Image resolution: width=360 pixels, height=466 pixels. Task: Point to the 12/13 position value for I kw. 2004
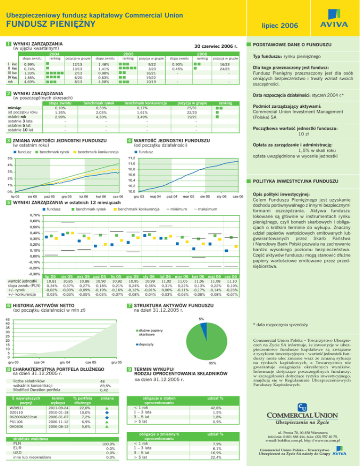coord(78,64)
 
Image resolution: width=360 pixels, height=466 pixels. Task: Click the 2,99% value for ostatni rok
coord(60,117)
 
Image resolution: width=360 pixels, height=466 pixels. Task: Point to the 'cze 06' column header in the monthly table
coord(230,277)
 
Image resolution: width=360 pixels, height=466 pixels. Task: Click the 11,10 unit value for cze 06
coord(230,282)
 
